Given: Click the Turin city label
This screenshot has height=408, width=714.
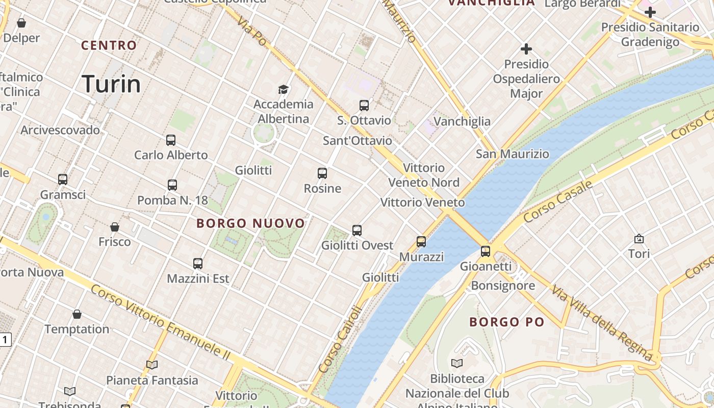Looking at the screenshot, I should [x=111, y=84].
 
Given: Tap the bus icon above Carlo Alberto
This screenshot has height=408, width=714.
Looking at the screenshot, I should [x=171, y=140].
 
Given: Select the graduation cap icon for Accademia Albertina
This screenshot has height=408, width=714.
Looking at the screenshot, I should [x=283, y=90].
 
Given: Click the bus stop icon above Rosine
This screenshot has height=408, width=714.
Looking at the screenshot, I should [x=322, y=173].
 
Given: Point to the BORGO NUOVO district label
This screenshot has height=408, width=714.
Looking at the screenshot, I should [x=250, y=223].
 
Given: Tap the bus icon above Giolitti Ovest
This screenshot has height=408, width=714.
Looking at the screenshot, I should [x=357, y=231].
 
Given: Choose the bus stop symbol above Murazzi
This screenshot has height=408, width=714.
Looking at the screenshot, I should [x=421, y=242].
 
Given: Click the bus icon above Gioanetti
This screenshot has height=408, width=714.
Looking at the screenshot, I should [x=486, y=251].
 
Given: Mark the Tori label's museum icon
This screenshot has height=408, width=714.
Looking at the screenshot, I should [x=639, y=239].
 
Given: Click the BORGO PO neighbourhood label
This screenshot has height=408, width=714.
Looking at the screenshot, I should [x=506, y=322].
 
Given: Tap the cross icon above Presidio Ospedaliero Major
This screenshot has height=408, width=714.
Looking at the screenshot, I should [x=526, y=49].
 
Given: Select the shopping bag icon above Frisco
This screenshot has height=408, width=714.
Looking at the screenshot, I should [x=115, y=227].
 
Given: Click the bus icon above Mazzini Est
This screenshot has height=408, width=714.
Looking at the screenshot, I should [x=198, y=264].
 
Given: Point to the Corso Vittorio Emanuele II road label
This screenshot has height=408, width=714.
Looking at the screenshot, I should [x=161, y=321].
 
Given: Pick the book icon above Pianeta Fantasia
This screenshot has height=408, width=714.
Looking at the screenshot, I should [x=151, y=365].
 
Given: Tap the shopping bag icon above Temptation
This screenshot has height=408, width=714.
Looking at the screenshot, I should [x=77, y=314].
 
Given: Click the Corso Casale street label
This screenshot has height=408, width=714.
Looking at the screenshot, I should [x=558, y=201].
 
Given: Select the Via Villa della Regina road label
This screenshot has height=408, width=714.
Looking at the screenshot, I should [x=601, y=323].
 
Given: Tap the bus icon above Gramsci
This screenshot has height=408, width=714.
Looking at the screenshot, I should [x=63, y=180].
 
